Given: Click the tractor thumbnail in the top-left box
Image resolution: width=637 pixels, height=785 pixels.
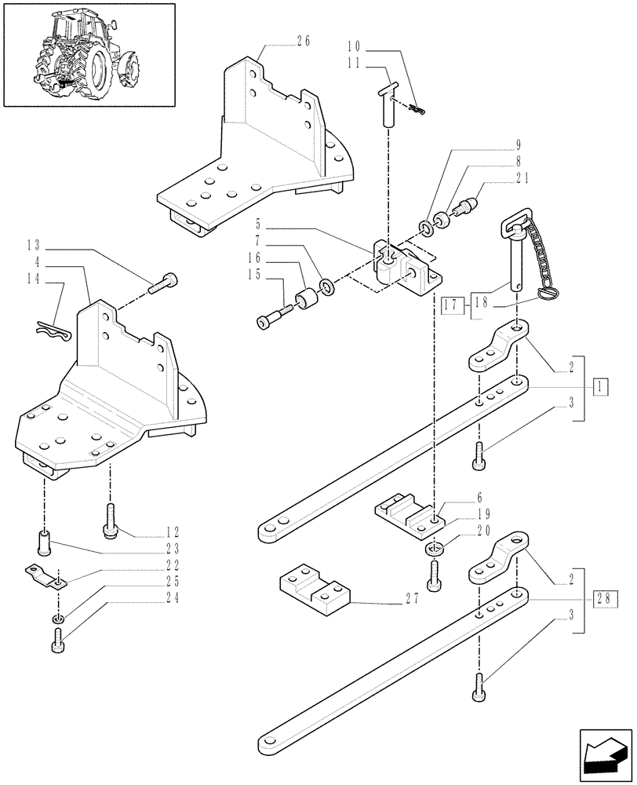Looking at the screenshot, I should (88, 54).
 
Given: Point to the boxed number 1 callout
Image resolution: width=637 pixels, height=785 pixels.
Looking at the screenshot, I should (600, 387).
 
